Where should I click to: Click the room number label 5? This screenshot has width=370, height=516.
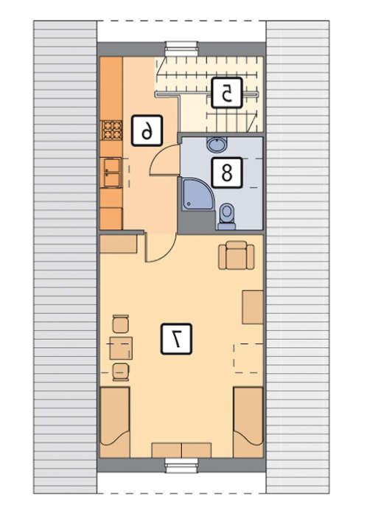226,93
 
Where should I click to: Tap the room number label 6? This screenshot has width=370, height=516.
147,130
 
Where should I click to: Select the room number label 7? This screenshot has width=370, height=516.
176,339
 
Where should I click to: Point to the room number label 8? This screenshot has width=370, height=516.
227,172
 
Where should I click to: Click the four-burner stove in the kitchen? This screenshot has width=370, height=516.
111,130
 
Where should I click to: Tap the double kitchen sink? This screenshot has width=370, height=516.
111,172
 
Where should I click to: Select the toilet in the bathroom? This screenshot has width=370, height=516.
227,217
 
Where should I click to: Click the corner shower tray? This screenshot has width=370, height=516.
198,194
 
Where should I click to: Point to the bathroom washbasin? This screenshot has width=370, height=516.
217,144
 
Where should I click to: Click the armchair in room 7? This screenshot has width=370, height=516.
237,255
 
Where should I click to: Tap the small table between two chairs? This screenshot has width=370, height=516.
121,348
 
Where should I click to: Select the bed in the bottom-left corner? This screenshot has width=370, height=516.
114,422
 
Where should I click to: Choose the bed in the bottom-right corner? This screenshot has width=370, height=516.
248,422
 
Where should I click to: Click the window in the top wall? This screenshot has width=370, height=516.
181,49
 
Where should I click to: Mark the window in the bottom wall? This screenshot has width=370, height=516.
181,465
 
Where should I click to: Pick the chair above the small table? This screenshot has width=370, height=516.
120,324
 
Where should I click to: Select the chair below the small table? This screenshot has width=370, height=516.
120,372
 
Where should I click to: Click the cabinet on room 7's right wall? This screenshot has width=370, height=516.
253,307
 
